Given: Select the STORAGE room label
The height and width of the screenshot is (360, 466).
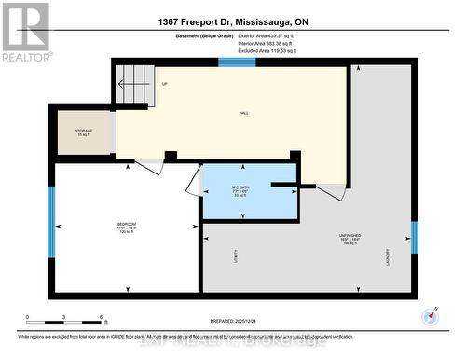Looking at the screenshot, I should (x=83, y=131).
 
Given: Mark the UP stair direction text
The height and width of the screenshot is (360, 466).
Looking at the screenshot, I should (x=165, y=84).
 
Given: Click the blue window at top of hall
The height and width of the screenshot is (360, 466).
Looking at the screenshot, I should (x=230, y=62).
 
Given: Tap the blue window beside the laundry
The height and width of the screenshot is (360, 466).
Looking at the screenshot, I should (x=414, y=238).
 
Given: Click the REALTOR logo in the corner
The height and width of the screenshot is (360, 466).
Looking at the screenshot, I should (x=25, y=32).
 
